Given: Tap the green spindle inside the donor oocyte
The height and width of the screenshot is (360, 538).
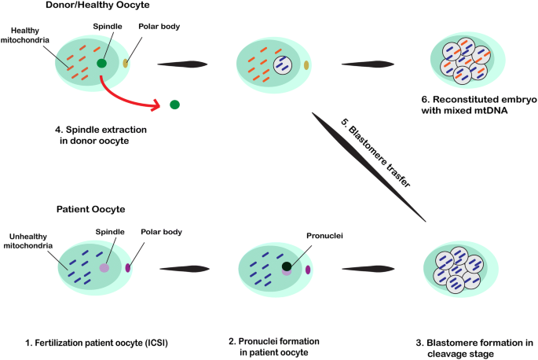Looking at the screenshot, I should [102, 63].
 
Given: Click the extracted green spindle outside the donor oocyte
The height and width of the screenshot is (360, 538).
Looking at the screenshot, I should [174, 104].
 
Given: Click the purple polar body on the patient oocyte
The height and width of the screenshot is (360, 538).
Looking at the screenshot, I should [127, 269].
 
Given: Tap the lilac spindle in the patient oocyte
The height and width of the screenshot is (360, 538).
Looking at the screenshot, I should [104, 268].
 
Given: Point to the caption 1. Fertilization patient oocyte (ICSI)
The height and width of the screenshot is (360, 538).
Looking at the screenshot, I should [96, 343].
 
